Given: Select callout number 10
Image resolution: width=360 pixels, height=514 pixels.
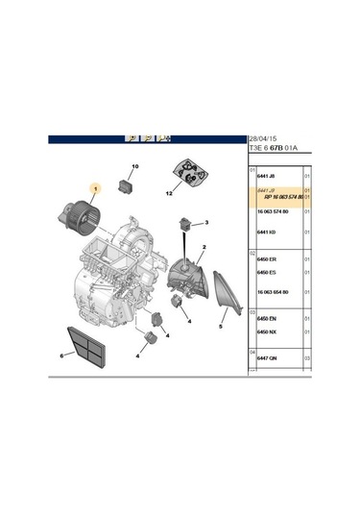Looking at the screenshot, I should click(134, 167).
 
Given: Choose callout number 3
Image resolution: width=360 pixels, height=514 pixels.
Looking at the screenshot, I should click(207, 223).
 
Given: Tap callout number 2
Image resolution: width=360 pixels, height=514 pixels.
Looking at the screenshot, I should click(203, 247).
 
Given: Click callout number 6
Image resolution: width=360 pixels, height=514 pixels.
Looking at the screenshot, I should click(60, 355).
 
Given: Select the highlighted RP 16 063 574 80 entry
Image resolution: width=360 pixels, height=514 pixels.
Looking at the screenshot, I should click(279, 197).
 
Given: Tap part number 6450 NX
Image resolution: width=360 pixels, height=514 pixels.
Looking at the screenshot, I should click(268, 331).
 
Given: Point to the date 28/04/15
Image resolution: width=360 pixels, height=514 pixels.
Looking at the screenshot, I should click(264, 136).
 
